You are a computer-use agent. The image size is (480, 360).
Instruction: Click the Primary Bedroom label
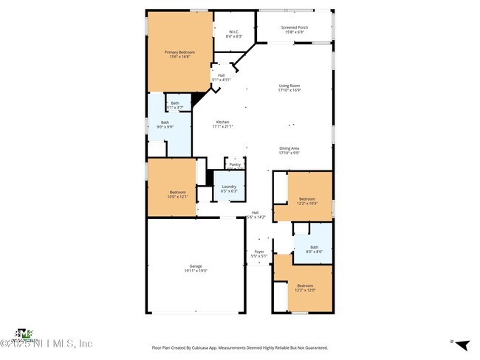(177, 55)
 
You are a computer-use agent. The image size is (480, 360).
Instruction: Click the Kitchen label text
(222, 124)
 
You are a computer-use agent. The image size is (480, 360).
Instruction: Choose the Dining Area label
(289, 150)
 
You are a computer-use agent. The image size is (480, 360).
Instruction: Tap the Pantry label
(235, 165)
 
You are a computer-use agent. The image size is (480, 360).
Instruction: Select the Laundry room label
(229, 188)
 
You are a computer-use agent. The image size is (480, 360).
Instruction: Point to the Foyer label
(259, 254)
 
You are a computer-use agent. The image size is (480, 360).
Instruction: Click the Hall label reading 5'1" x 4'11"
(222, 77)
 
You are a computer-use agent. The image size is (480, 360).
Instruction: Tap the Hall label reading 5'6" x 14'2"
(255, 215)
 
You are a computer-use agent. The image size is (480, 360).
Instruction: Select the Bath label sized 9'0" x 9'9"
(165, 125)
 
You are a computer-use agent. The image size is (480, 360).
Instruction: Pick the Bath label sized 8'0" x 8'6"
(314, 249)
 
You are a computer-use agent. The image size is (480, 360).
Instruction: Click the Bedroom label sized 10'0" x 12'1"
(171, 194)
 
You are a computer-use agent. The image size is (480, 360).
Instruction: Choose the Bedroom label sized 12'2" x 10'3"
(307, 201)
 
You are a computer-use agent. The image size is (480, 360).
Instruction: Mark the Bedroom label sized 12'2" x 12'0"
(305, 288)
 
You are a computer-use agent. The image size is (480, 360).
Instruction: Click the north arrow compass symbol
(462, 344)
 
